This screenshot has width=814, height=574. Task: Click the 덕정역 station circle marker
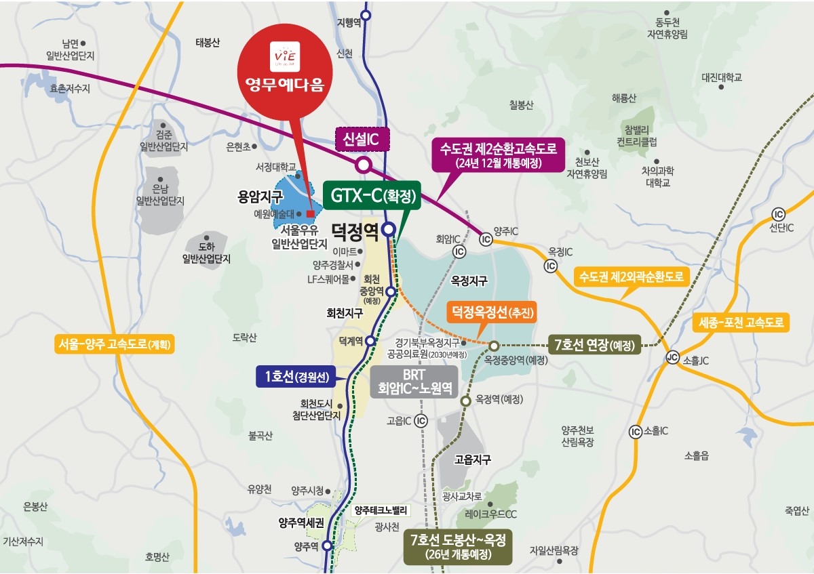[x=389, y=229]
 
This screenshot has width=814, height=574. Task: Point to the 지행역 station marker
[x=366, y=14]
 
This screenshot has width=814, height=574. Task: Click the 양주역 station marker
[x=327, y=546]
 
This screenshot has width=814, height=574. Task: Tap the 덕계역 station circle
[x=370, y=341]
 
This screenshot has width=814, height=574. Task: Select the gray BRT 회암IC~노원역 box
[x=414, y=382]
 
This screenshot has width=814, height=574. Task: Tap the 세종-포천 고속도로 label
[x=741, y=323]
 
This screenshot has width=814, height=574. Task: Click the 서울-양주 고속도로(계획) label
[x=116, y=344]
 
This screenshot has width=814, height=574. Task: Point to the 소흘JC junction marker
[x=672, y=358]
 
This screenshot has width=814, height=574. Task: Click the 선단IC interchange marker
[x=778, y=213]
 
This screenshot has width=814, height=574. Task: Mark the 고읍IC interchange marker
[x=421, y=421]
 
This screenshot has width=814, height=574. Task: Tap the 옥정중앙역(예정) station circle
[x=494, y=346]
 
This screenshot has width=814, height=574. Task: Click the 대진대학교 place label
[x=722, y=78]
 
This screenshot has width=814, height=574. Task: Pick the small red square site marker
[x=311, y=213]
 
